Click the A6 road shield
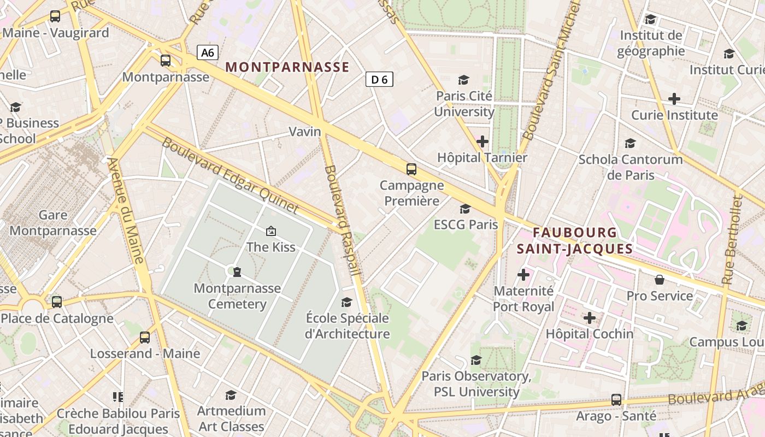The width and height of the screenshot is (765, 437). [208, 52]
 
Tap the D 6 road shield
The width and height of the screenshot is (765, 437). [379, 80]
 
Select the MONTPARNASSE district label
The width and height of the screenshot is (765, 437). [287, 67]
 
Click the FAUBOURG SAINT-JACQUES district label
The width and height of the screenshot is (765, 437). [575, 241]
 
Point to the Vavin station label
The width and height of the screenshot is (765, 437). [305, 132]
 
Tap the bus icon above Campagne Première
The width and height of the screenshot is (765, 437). [411, 169]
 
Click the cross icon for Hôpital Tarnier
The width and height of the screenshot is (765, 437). [482, 141]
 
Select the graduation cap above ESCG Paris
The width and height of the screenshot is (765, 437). [466, 209]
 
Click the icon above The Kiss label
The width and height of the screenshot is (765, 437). [270, 231]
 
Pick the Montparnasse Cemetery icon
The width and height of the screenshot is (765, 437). [237, 271]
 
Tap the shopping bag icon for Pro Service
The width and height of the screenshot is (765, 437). [660, 280]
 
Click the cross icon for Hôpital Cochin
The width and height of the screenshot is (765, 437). [590, 317]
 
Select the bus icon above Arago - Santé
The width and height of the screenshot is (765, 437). [616, 400]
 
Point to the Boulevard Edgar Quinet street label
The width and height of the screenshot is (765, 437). [231, 175]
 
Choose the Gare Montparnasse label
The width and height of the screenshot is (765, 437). [53, 223]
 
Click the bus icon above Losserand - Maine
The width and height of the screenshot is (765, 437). [145, 338]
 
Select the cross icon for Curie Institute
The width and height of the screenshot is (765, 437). [674, 99]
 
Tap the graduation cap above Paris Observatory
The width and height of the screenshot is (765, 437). [476, 360]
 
